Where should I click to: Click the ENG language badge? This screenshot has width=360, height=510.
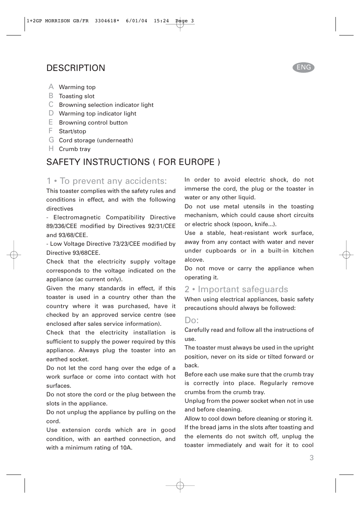point(303,68)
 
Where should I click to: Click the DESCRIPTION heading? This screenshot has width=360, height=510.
point(76,68)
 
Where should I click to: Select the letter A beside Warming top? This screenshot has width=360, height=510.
point(51,87)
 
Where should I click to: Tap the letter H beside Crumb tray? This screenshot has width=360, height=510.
point(51,149)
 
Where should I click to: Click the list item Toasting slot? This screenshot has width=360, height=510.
point(77,96)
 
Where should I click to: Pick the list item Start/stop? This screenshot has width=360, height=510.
point(72,131)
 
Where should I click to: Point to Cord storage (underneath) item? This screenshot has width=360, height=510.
point(96,140)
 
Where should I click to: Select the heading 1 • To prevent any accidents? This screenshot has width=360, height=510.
point(106,181)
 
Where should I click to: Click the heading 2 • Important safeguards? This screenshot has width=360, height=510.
point(236,289)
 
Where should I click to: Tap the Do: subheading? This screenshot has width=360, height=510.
point(192,320)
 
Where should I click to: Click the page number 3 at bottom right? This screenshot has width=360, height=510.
point(311,458)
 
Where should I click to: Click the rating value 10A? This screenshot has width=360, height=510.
point(126,448)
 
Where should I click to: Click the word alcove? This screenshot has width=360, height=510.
point(194,260)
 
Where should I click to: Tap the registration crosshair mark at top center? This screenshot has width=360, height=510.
point(180,25)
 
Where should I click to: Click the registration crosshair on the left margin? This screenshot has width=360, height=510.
point(14,255)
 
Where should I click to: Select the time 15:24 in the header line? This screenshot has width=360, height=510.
point(161,21)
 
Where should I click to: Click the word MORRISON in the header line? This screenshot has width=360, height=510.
point(57,21)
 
